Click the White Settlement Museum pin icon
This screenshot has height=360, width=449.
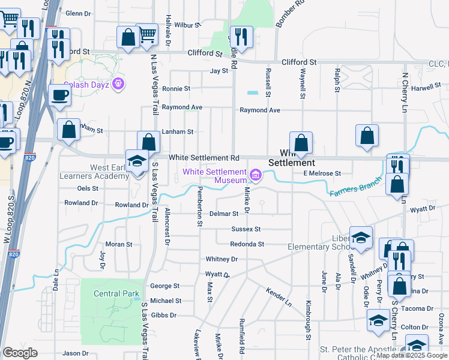click(x=256, y=175)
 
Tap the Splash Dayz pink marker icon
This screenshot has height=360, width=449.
click(x=119, y=84)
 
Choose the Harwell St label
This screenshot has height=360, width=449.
click(x=426, y=87)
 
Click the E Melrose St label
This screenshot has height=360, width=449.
click(x=322, y=173)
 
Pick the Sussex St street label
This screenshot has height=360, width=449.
click(x=246, y=229)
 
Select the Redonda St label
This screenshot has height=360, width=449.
click(x=247, y=244)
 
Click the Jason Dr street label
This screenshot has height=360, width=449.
click(x=76, y=353)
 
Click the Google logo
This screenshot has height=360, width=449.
click(x=20, y=352)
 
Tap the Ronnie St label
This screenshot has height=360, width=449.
click(x=176, y=88)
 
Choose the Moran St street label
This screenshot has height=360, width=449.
click(x=119, y=244)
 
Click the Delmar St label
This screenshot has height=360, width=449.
click(x=224, y=214)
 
